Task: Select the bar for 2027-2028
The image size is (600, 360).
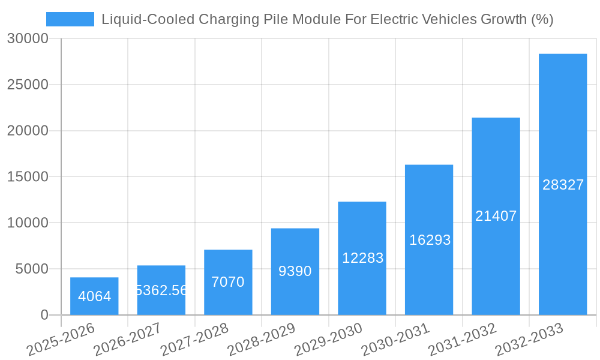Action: pyautogui.click(x=228, y=282)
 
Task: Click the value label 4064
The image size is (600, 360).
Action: pyautogui.click(x=94, y=296)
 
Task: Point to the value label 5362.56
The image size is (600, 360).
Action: pyautogui.click(x=161, y=290)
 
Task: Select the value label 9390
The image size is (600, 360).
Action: pyautogui.click(x=295, y=271)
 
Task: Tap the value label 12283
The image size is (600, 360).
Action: pyautogui.click(x=362, y=258)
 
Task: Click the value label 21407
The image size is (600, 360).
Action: pyautogui.click(x=496, y=216)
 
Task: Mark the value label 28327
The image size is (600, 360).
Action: pyautogui.click(x=563, y=185)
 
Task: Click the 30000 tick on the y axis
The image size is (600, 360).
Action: pyautogui.click(x=28, y=39)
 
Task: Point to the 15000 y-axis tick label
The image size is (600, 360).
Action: pyautogui.click(x=28, y=177)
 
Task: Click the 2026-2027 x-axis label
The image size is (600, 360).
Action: pyautogui.click(x=127, y=339)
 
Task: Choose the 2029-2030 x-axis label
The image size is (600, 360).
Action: pyautogui.click(x=328, y=339)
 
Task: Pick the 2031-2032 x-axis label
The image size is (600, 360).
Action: pyautogui.click(x=462, y=339)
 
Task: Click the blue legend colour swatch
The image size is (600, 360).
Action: pyautogui.click(x=70, y=19)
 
